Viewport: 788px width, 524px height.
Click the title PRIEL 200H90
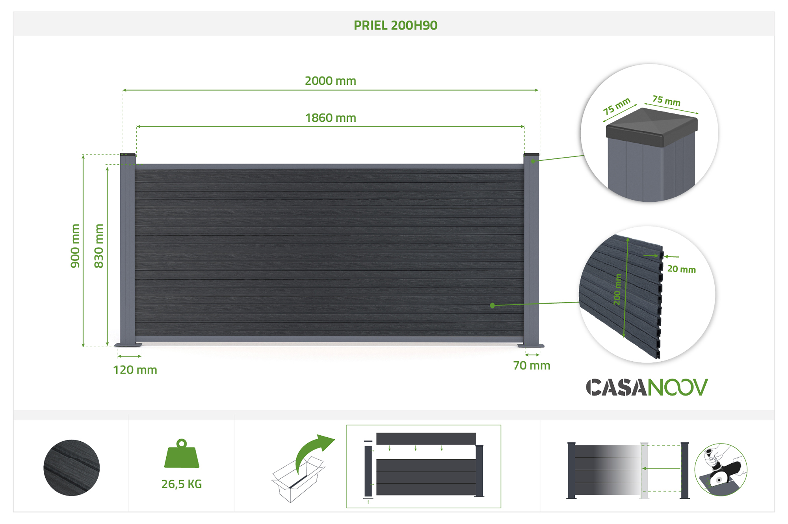click(395, 25)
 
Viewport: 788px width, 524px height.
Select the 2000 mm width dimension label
click(330, 81)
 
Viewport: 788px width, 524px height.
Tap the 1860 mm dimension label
click(331, 118)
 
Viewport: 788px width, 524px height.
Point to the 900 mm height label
click(75, 246)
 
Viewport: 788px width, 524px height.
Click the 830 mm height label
click(98, 246)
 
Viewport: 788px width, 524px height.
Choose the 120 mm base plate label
click(135, 370)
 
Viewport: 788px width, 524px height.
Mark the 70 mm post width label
click(532, 366)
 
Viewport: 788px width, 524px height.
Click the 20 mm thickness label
click(681, 269)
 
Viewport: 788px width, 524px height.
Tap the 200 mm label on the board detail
click(617, 290)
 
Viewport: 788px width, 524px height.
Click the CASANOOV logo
click(647, 387)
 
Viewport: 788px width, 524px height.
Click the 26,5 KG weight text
click(182, 484)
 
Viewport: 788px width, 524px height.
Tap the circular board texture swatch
click(71, 468)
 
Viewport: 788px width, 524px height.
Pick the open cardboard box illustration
click(298, 479)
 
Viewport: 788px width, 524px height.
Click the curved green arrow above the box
click(313, 451)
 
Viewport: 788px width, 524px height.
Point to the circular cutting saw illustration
click(721, 469)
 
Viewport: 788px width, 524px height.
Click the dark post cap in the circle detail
click(652, 127)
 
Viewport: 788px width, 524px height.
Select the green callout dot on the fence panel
click(492, 305)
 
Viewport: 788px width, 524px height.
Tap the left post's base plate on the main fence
click(128, 345)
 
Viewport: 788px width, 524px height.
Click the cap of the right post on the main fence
click(531, 154)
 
